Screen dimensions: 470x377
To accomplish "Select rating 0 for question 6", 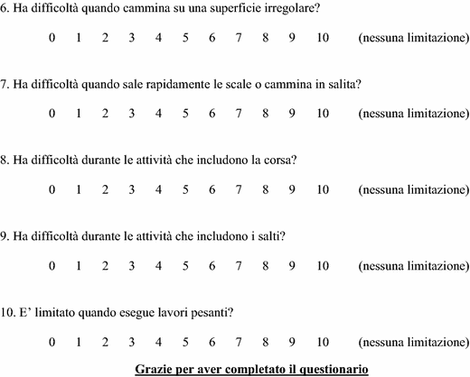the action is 52,40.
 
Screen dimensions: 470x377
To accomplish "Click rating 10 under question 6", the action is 323,40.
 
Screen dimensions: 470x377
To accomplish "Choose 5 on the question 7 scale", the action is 184,115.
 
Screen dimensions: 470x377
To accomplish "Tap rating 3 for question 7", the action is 131,115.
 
